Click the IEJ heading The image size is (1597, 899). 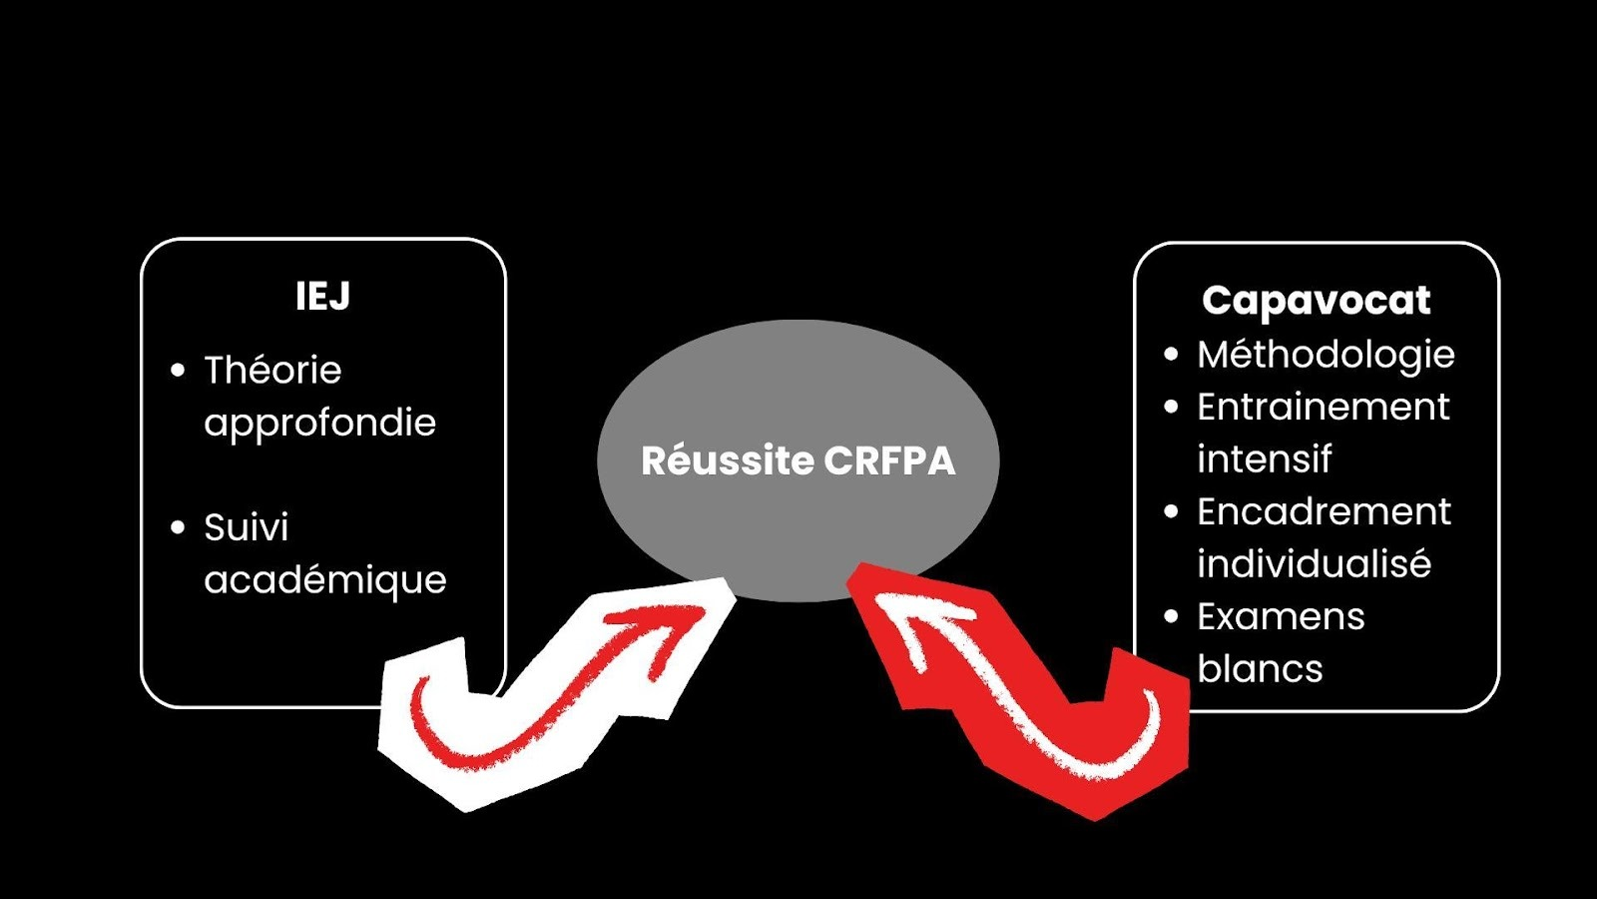[x=322, y=296]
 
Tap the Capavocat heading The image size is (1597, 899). [x=1316, y=300]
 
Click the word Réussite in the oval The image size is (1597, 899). [x=728, y=460]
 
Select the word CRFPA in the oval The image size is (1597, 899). [x=890, y=460]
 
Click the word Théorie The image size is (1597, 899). [x=272, y=371]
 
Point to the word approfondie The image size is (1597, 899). [x=319, y=424]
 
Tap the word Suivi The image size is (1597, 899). [x=246, y=527]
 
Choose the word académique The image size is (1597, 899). [x=324, y=579]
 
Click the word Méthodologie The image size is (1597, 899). [x=1326, y=355]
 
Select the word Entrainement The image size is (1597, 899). [x=1323, y=408]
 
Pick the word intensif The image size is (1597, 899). [x=1264, y=459]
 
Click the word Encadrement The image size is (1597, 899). [x=1324, y=512]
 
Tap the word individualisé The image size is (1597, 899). [x=1314, y=564]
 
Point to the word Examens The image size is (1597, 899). [x=1281, y=617]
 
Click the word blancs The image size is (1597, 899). [x=1260, y=669]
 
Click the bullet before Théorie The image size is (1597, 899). [x=179, y=371]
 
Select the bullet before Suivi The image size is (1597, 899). [x=179, y=527]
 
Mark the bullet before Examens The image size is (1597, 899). [x=1172, y=617]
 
